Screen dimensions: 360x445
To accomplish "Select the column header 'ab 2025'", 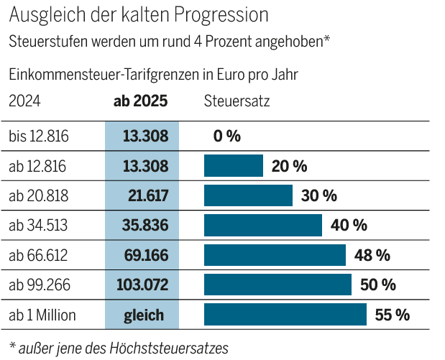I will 141,101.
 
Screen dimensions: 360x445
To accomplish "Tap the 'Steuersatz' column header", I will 237,101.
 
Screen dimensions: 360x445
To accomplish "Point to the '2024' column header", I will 24,101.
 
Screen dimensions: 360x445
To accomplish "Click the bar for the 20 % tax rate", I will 234,166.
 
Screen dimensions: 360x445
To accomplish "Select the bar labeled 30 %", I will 248,195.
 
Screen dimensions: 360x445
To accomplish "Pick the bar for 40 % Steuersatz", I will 263,225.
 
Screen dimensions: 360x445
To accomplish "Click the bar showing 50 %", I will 277,285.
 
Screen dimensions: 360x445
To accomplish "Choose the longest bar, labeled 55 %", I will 285,315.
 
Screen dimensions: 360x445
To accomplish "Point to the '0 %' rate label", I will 227,136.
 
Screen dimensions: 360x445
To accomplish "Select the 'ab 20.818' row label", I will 37,195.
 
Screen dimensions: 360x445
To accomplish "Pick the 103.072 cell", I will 142,285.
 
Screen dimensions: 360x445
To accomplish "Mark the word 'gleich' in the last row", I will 143,315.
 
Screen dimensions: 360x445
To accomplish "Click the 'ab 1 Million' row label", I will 42,315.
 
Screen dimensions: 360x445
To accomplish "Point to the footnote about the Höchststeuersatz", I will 119,348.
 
